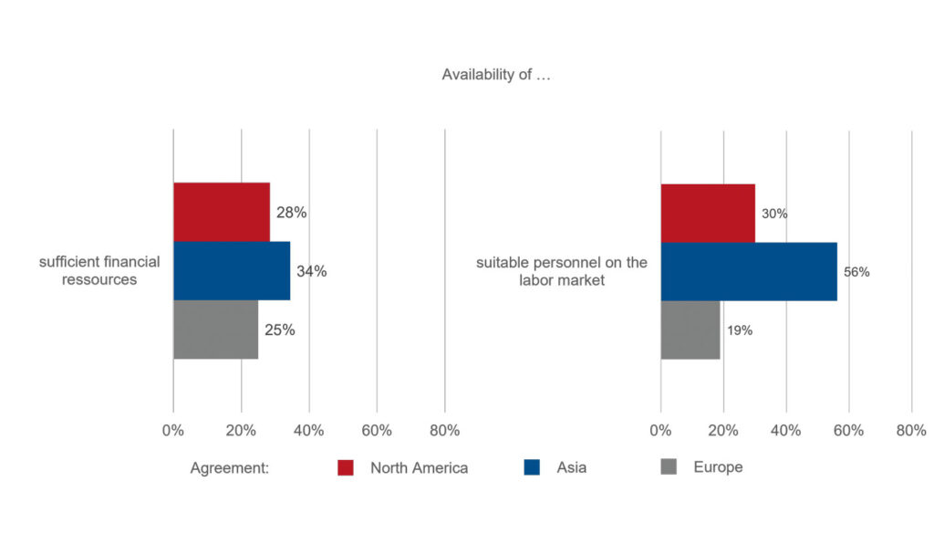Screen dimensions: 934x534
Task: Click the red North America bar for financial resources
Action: pos(222,212)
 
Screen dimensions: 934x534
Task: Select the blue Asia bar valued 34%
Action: pos(232,270)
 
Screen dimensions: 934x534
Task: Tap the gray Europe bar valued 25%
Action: pos(215,330)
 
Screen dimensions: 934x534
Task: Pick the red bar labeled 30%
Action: pos(708,214)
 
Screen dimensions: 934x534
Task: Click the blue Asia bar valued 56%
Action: pos(749,272)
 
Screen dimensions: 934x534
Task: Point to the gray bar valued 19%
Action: pos(690,330)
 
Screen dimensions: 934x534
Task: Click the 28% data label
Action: pos(291,213)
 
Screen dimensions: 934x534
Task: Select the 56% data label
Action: pos(856,272)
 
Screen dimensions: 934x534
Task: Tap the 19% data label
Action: pos(740,330)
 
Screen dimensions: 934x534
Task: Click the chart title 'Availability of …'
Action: pos(496,75)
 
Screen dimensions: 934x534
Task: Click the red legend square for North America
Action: pos(346,468)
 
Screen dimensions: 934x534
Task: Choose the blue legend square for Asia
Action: pos(532,467)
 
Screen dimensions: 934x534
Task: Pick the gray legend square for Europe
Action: pos(669,466)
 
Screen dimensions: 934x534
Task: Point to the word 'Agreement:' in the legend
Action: pos(229,468)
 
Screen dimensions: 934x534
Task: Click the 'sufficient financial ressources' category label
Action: pos(99,270)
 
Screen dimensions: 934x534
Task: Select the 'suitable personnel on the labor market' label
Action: pos(562,271)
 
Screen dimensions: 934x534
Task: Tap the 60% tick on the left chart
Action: pos(377,430)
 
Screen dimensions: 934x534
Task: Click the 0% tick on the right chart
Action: pos(660,430)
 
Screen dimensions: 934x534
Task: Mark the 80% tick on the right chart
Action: pos(911,430)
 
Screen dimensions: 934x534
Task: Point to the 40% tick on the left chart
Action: pos(308,430)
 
